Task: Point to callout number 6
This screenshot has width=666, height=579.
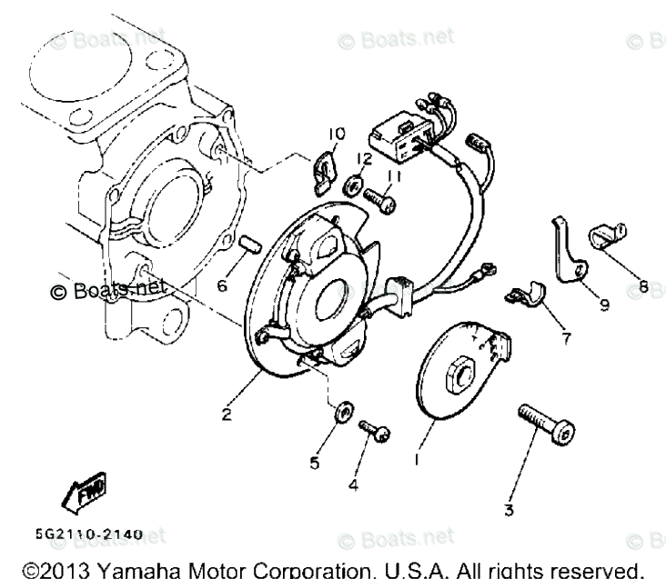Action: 221,285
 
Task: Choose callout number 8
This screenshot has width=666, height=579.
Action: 644,288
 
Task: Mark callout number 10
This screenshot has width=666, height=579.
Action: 337,135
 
